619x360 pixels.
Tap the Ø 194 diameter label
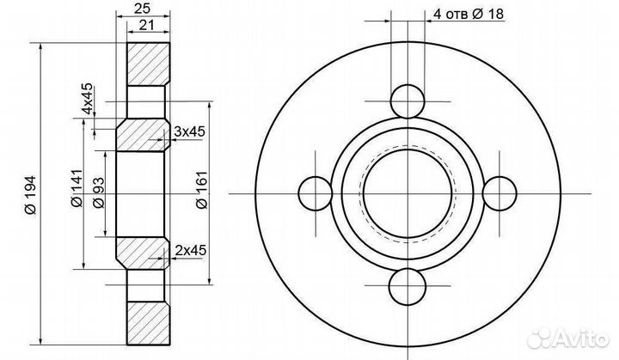tap(28, 196)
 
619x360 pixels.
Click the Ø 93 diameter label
tap(99, 196)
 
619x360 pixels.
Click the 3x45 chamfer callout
tap(188, 131)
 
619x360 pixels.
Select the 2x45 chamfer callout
tap(188, 250)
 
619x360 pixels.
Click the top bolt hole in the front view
tap(405, 101)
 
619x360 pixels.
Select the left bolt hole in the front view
tap(313, 193)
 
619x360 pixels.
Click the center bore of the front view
tap(405, 193)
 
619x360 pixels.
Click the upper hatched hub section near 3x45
tap(143, 135)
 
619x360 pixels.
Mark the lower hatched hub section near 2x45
tap(143, 252)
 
